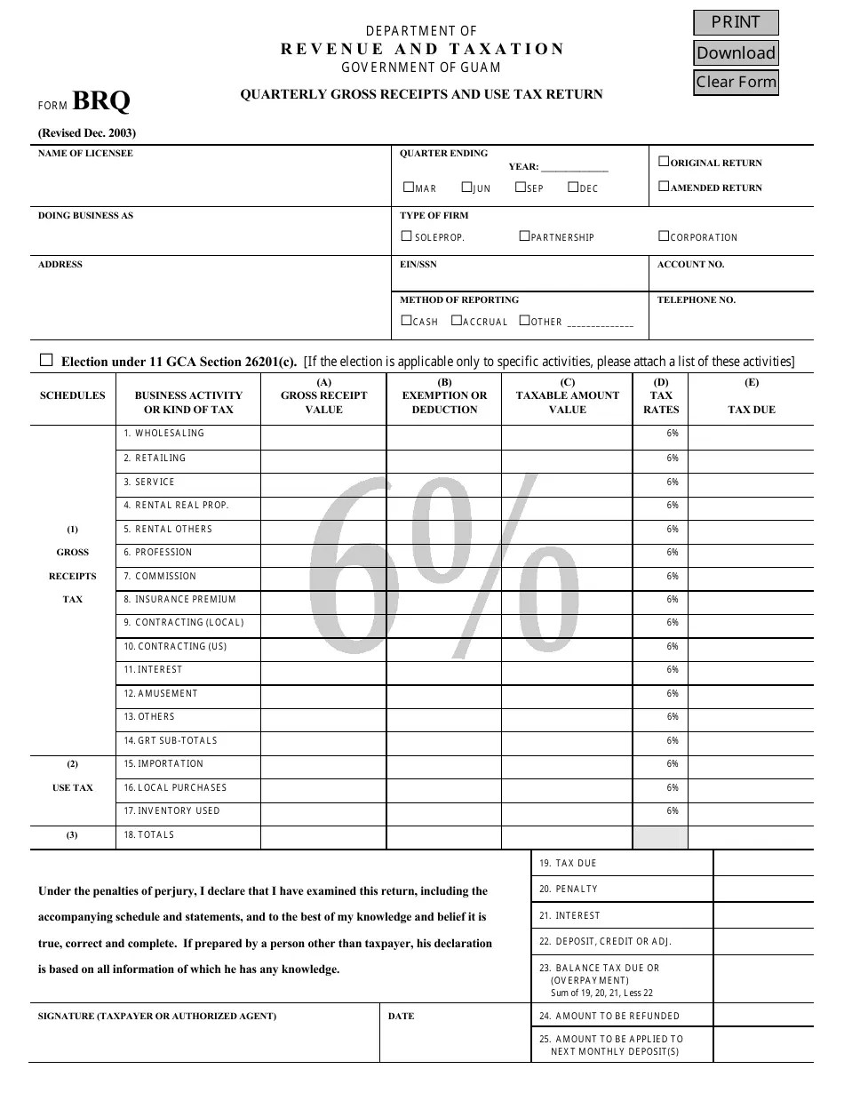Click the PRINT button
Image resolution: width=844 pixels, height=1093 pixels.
pyautogui.click(x=736, y=22)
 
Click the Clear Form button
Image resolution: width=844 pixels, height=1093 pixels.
pyautogui.click(x=736, y=82)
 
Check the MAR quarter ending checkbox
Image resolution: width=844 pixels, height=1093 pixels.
pyautogui.click(x=409, y=187)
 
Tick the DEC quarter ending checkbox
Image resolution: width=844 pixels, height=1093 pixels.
pyautogui.click(x=573, y=187)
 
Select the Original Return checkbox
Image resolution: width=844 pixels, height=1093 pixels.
pyautogui.click(x=664, y=162)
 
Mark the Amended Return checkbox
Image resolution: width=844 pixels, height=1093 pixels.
pyautogui.click(x=664, y=187)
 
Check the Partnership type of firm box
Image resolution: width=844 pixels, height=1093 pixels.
pyautogui.click(x=525, y=236)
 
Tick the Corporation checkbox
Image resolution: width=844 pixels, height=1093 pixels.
pyautogui.click(x=664, y=236)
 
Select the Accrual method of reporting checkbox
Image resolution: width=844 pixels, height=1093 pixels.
pyautogui.click(x=457, y=321)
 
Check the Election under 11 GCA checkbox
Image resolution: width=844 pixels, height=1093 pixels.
pyautogui.click(x=46, y=360)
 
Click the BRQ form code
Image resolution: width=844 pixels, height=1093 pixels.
pyautogui.click(x=101, y=101)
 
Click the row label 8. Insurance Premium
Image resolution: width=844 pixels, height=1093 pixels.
pyautogui.click(x=180, y=599)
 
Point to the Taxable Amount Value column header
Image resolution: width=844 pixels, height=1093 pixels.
pyautogui.click(x=568, y=396)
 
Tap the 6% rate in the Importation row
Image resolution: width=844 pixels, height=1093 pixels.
pyautogui.click(x=673, y=764)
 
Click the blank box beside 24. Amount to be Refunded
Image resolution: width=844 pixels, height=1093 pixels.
pyautogui.click(x=763, y=1016)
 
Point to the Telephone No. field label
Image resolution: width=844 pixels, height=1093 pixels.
pyautogui.click(x=697, y=300)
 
